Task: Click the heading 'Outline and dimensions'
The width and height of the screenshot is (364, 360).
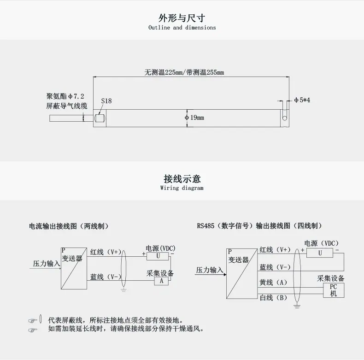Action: pyautogui.click(x=182, y=27)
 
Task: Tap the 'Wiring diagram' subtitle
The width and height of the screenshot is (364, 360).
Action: pyautogui.click(x=182, y=188)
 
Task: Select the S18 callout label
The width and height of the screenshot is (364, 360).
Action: pyautogui.click(x=106, y=101)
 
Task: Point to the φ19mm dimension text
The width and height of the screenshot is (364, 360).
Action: pyautogui.click(x=194, y=118)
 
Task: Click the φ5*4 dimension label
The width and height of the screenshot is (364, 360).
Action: pyautogui.click(x=302, y=100)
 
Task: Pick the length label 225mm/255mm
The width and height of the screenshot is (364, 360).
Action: pyautogui.click(x=184, y=72)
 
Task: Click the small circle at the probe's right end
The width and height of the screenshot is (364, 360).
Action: pyautogui.click(x=285, y=118)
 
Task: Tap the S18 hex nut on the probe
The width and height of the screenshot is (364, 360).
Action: pyautogui.click(x=100, y=118)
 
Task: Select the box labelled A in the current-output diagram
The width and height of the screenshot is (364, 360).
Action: pyautogui.click(x=161, y=281)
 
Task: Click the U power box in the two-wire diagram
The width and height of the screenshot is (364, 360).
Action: pyautogui.click(x=158, y=256)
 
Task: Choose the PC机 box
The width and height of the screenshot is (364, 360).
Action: pyautogui.click(x=334, y=290)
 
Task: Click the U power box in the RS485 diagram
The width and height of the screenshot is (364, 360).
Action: pyautogui.click(x=320, y=253)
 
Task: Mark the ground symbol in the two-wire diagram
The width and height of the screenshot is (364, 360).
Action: pyautogui.click(x=123, y=289)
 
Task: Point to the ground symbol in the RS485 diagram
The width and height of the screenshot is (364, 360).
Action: pyautogui.click(x=297, y=306)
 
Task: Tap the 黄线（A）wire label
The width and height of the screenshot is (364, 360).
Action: pyautogui.click(x=274, y=283)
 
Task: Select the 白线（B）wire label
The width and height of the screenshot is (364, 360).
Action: pyautogui.click(x=274, y=297)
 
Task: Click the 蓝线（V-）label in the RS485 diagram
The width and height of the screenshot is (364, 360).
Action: pyautogui.click(x=275, y=267)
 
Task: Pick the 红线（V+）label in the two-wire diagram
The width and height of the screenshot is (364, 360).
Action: pyautogui.click(x=106, y=252)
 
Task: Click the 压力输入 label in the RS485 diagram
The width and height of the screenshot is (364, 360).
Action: pyautogui.click(x=210, y=270)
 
